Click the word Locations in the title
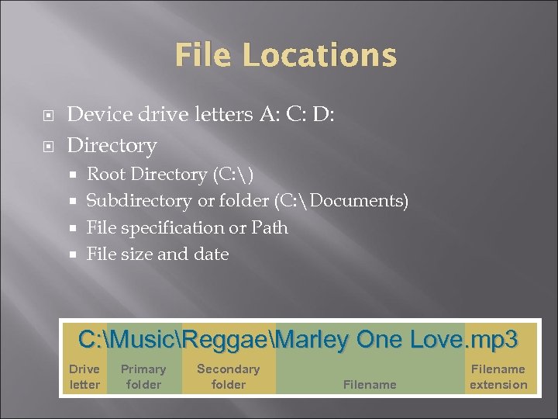coord(319,56)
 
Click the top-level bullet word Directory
coord(112,145)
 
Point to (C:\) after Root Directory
coord(230,175)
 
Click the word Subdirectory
coord(139,201)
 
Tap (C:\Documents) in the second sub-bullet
coord(340,201)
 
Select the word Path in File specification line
coord(269,227)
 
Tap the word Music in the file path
coord(144,340)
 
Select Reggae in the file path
coord(229,340)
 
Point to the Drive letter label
coord(84,376)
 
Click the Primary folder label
coord(143,376)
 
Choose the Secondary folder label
coord(228,376)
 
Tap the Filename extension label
coord(498,376)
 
